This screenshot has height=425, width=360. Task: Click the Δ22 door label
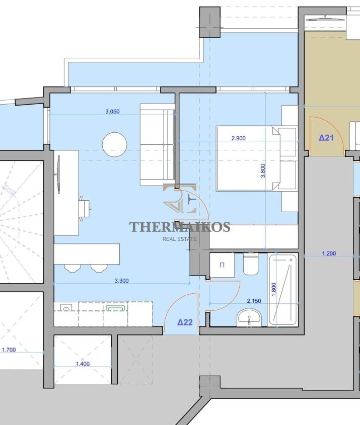[185, 322]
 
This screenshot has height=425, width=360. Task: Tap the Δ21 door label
[326, 138]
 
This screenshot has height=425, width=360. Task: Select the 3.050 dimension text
[112, 111]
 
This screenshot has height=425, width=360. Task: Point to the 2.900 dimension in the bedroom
[239, 138]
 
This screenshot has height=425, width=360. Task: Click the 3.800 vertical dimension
[263, 171]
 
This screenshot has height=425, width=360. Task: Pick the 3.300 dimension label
[121, 281]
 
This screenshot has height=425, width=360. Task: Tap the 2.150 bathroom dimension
[254, 301]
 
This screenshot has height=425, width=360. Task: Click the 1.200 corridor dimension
[329, 253]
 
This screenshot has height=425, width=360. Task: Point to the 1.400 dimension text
[83, 364]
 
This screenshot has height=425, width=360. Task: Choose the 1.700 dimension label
[9, 350]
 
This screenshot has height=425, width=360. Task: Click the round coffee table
[114, 144]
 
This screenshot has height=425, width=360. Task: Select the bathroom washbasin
[249, 317]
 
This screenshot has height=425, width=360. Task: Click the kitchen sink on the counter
[65, 307]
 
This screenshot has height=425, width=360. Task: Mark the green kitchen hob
[116, 308]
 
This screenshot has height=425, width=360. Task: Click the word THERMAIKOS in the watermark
[180, 227]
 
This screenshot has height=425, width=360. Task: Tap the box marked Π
[222, 265]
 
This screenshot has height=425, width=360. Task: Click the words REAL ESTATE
[179, 239]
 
